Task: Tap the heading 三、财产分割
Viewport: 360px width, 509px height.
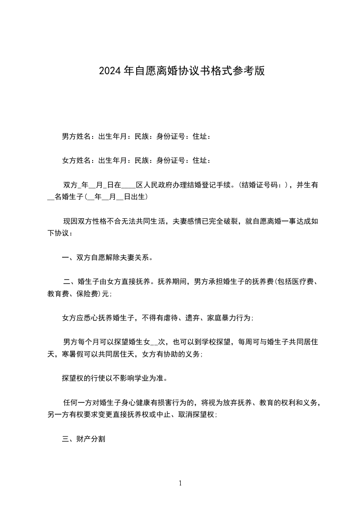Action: pyautogui.click(x=84, y=439)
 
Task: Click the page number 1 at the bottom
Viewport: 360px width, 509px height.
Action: pyautogui.click(x=180, y=483)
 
